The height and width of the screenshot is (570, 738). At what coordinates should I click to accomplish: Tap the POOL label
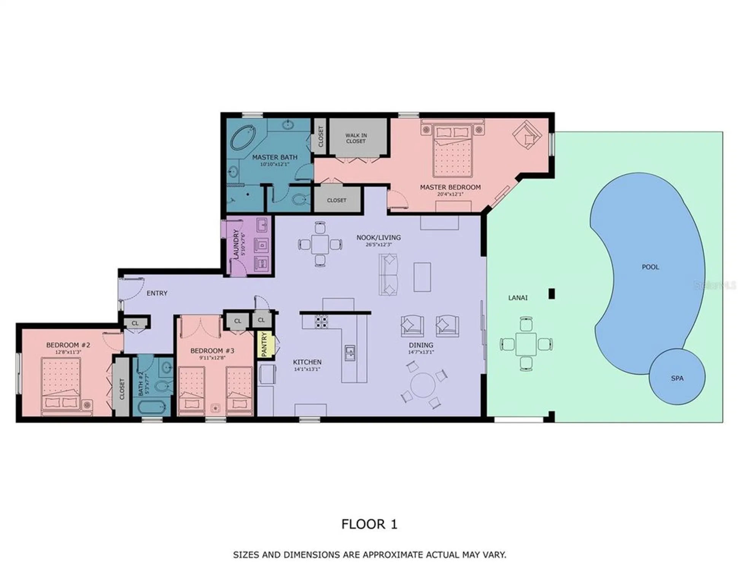coord(650,267)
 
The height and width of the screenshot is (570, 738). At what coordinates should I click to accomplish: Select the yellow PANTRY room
coord(265,344)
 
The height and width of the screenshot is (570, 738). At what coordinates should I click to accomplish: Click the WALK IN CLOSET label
coord(356,138)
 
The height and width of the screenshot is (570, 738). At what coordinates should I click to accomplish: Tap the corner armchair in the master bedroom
coord(526,135)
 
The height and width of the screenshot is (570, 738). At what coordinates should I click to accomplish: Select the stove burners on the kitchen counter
coord(321,321)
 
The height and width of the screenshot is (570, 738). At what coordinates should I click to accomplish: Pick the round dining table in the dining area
coord(422,385)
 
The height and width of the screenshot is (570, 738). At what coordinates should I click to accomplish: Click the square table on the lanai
coord(526,344)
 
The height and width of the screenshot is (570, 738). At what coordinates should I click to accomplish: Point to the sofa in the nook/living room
coord(388,274)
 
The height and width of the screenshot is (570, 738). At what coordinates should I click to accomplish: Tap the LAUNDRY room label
coord(236,243)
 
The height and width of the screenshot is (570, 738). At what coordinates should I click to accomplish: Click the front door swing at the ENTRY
coord(131,288)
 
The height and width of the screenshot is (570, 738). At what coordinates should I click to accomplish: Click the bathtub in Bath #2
coord(152,408)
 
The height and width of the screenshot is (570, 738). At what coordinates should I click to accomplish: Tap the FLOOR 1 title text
coord(369,524)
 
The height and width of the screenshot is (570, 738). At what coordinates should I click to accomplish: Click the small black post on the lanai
coord(551,293)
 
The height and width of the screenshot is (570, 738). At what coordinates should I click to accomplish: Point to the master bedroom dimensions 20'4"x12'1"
coord(450,194)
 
